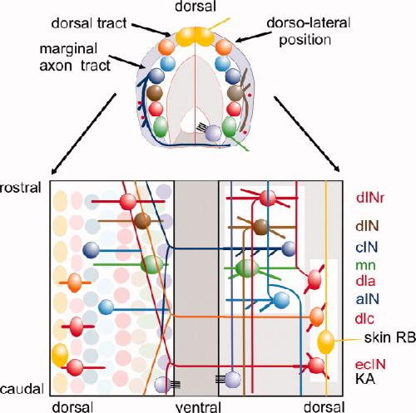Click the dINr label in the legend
(x=370, y=198)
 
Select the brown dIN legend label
(x=367, y=226)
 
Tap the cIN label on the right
(x=367, y=247)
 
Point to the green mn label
(x=365, y=265)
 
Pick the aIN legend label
(x=367, y=299)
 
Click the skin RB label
(x=389, y=337)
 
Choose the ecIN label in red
(x=370, y=364)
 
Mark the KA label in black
(x=365, y=379)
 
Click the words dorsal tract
(x=89, y=23)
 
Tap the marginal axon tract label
(x=75, y=57)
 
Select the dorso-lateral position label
(x=309, y=32)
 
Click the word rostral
(x=21, y=188)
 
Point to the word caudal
(x=22, y=389)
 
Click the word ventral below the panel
(x=198, y=406)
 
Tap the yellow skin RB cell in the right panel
(x=325, y=342)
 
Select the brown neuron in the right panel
(x=260, y=227)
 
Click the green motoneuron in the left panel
(x=151, y=264)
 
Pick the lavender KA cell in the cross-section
(x=213, y=133)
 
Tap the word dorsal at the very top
(x=196, y=6)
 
